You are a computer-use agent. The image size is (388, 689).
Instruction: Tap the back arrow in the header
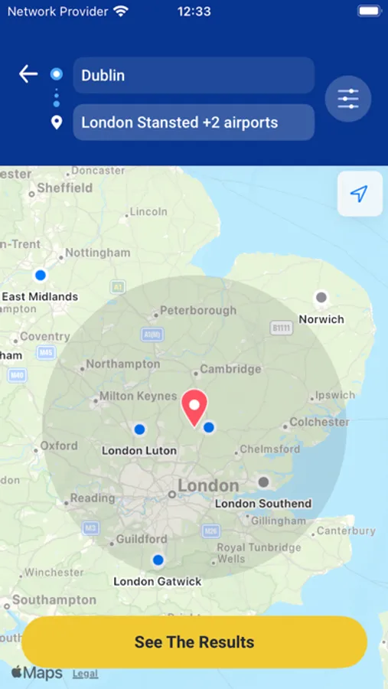[28, 73]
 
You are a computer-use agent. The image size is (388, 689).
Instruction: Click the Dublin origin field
[194, 75]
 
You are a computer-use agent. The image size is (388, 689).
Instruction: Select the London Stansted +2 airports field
[194, 122]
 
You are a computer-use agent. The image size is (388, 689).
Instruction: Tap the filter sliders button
[348, 99]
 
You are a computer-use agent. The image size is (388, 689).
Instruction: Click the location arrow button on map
[360, 194]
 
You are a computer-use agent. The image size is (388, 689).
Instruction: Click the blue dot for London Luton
[139, 429]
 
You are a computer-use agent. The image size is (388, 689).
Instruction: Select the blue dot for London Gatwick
[158, 560]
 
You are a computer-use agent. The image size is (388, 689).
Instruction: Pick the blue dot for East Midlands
[41, 275]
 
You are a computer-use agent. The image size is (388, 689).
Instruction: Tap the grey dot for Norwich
[321, 297]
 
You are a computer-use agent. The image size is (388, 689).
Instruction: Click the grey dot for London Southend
[263, 482]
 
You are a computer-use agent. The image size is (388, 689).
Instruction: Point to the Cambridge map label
[230, 369]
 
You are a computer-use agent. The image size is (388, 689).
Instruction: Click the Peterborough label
[198, 311]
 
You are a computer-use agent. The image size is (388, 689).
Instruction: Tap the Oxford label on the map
[59, 446]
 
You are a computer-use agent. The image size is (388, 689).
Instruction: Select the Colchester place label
[319, 422]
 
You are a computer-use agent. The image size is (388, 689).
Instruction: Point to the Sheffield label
[65, 188]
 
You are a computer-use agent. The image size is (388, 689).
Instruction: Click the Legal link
[85, 674]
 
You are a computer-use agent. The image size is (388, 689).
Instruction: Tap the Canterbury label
[346, 531]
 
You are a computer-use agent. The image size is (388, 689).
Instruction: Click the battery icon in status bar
[369, 11]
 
